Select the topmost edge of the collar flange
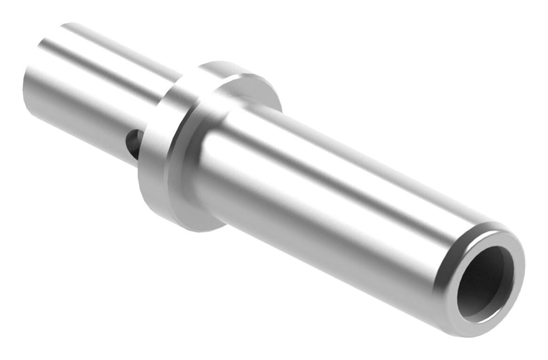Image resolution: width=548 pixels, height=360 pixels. click(x=221, y=63)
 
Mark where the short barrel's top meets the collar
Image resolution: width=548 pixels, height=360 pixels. click(x=181, y=75)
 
